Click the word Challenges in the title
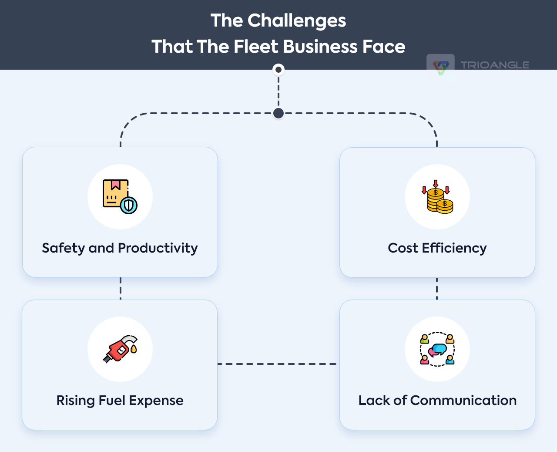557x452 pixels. (x=296, y=21)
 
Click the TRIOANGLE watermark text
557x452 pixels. (x=495, y=65)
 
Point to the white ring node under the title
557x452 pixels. (x=278, y=70)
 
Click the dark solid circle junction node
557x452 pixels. (x=278, y=113)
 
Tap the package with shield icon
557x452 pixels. (x=120, y=196)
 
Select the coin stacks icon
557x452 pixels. (x=437, y=197)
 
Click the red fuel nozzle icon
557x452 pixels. (x=120, y=349)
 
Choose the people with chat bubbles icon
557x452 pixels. (x=437, y=349)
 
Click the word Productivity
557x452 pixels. (x=158, y=248)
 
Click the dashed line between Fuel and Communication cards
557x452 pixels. (x=278, y=364)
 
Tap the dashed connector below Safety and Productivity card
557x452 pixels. (x=121, y=288)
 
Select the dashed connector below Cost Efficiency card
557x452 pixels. (x=437, y=288)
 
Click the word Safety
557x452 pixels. (x=64, y=248)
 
